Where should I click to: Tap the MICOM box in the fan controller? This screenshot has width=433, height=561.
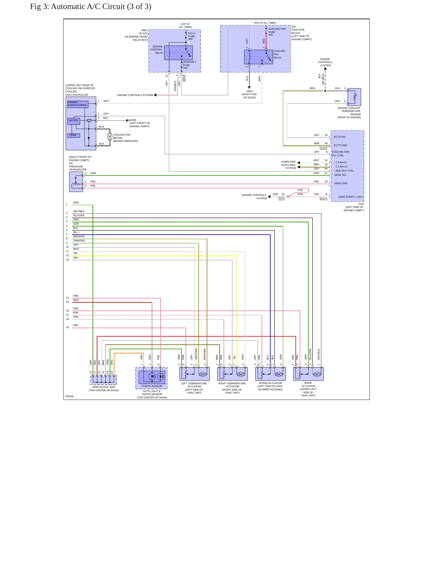point(73,121)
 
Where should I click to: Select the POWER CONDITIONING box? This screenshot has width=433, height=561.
point(78,104)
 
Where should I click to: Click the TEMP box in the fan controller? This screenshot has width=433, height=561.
point(73,135)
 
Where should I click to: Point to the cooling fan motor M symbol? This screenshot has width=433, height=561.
point(110,137)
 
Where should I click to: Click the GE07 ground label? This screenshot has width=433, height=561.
point(250,91)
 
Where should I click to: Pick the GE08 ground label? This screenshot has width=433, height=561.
point(132,120)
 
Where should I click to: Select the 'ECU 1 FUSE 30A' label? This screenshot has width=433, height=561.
point(192,36)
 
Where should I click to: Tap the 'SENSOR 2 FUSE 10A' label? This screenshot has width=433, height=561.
point(189,65)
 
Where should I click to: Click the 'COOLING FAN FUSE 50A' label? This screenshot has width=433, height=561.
point(277,32)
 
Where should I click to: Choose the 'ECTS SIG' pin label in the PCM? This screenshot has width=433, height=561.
point(340,137)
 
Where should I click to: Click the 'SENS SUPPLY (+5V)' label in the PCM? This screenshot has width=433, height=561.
point(350,197)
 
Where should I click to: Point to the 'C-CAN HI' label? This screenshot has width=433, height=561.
point(341,162)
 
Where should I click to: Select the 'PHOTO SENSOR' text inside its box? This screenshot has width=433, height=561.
point(152,386)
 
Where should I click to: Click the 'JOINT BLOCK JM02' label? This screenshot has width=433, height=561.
point(104,387)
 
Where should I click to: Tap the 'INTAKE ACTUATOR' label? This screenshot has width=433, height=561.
point(270,383)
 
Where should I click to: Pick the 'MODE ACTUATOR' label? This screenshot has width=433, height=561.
point(308,385)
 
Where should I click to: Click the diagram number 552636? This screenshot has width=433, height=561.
point(70,396)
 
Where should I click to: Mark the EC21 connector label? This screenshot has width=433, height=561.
point(281,198)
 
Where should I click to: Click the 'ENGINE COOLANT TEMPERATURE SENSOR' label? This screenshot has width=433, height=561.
point(349,111)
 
